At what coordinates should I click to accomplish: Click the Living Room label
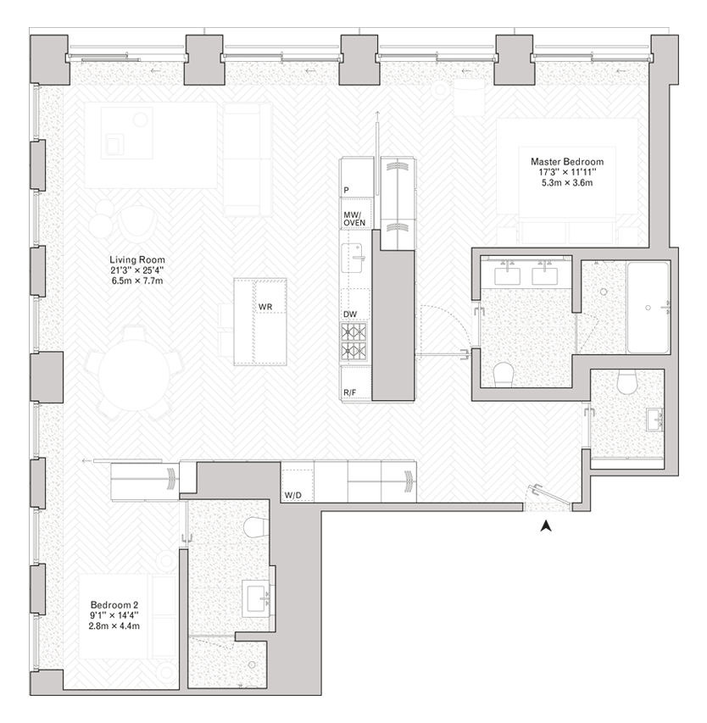pos(137,260)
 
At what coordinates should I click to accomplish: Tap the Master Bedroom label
pos(567,162)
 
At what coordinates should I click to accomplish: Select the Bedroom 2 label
pos(114,605)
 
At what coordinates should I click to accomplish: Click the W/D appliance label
pos(292,495)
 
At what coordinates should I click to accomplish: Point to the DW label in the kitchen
pos(350,314)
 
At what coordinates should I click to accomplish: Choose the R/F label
pos(349,392)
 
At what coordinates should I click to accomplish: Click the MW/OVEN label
pos(354,219)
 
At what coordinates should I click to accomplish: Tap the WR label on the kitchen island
pos(265,307)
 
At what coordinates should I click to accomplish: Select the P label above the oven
pos(346,190)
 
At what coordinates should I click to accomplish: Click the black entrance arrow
pos(546,526)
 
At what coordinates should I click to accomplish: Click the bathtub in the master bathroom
pos(648,308)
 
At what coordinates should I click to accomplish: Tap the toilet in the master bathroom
pos(504,375)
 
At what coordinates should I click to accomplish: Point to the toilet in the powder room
pos(627,382)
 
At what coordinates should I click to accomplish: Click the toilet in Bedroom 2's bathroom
pos(256,527)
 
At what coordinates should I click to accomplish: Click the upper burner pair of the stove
pos(354,331)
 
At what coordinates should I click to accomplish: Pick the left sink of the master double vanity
pos(507,276)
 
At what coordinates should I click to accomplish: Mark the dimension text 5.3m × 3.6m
pos(567,182)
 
